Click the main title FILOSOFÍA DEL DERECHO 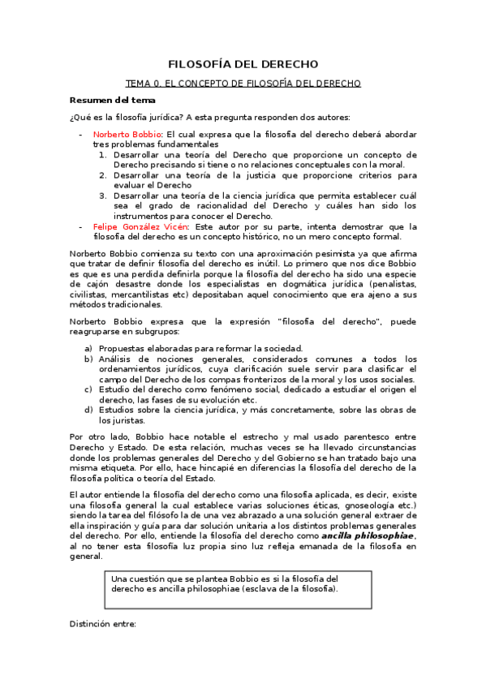pyautogui.click(x=243, y=64)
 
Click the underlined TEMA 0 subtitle pyautogui.click(x=243, y=83)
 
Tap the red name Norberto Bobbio pyautogui.click(x=127, y=133)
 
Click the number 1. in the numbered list pyautogui.click(x=103, y=153)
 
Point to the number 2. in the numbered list pyautogui.click(x=103, y=174)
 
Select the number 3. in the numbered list pyautogui.click(x=103, y=196)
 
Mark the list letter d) pyautogui.click(x=88, y=411)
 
